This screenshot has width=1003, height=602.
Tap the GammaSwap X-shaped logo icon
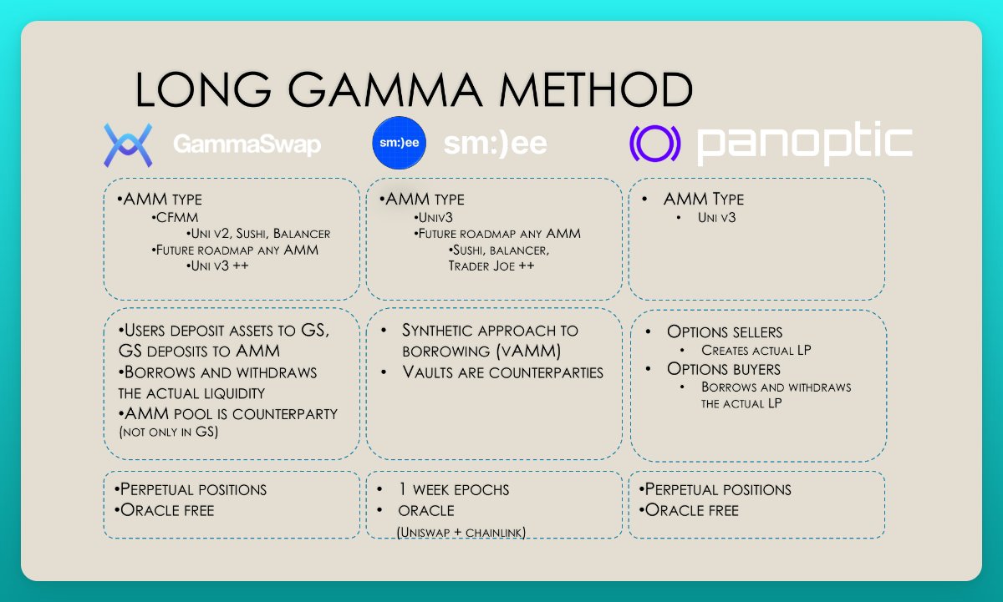coord(127,144)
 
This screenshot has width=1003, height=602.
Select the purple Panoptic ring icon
coord(656,144)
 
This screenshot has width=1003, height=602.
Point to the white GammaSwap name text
coord(247,145)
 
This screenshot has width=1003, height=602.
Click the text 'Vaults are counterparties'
coord(502,372)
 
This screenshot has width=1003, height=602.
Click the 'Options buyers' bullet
coord(723,368)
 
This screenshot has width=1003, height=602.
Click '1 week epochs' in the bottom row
coord(455,489)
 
